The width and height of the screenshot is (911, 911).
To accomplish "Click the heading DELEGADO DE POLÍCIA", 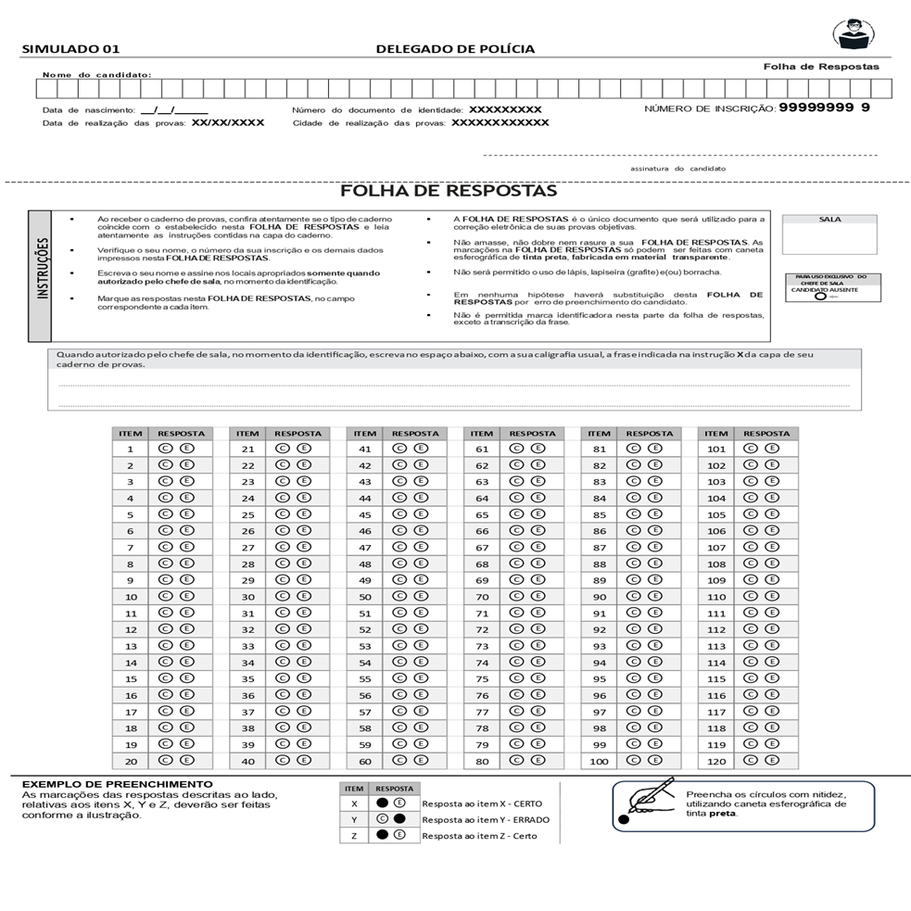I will click(x=455, y=49).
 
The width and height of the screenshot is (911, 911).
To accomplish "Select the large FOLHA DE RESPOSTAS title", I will click(x=449, y=191).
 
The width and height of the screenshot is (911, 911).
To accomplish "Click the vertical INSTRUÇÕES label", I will click(x=41, y=275).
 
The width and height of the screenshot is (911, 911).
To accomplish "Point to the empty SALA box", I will click(x=829, y=239).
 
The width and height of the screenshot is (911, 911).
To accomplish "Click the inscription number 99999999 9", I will click(x=824, y=108).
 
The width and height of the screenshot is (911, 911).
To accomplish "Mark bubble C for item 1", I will click(x=165, y=449).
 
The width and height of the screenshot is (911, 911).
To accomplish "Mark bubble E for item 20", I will click(x=186, y=761).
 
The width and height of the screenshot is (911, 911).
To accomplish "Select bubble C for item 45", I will click(x=399, y=514).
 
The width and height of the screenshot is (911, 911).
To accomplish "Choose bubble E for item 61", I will click(x=538, y=449).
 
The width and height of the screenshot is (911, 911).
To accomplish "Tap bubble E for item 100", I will click(x=655, y=761).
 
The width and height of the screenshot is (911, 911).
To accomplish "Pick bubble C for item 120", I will click(x=751, y=761).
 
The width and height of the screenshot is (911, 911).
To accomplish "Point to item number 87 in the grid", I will click(x=600, y=548).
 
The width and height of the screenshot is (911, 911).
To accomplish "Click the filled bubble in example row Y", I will click(x=399, y=819).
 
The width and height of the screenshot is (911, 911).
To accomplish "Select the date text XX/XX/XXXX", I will click(x=228, y=122).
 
